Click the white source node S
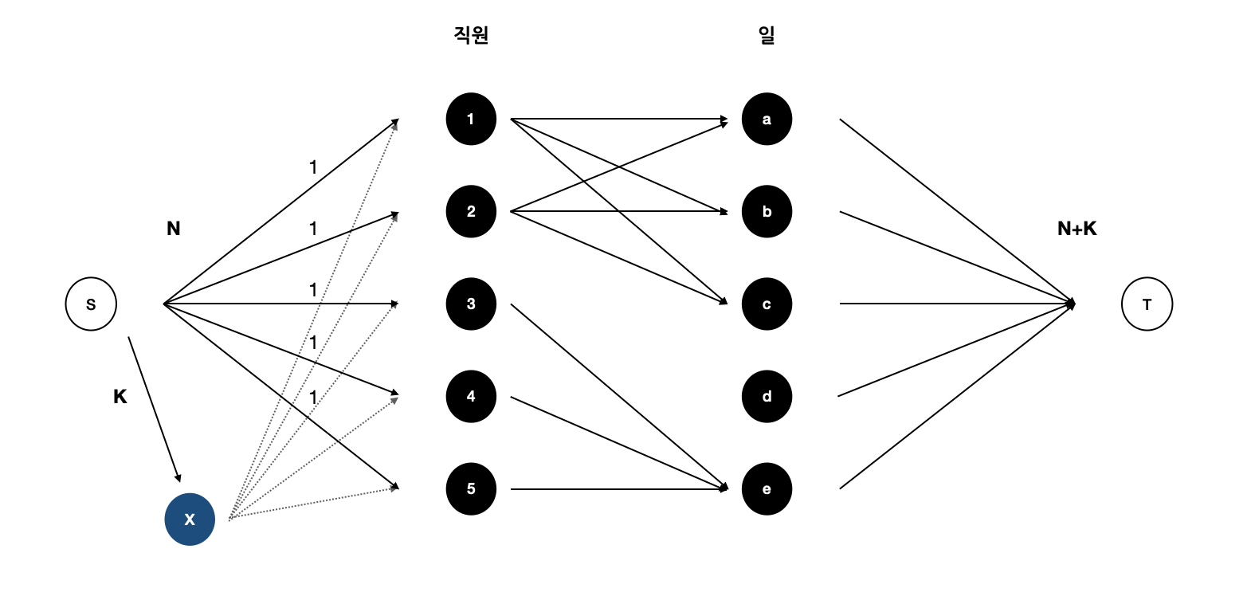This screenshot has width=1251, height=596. pos(91,304)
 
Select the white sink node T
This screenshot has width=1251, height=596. pos(1147,304)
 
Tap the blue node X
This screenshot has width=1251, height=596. pos(190,520)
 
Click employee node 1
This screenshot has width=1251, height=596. pos(471,120)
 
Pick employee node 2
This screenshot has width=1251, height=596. pos(471,212)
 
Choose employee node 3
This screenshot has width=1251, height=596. pos(471,304)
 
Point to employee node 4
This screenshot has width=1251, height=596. pos(471,396)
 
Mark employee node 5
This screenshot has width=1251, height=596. pos(471,488)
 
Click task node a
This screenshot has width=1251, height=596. pos(767,120)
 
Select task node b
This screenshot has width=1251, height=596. pos(767,212)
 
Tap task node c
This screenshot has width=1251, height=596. pos(767,304)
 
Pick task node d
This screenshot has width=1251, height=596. pos(767,396)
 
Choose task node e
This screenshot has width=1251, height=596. pos(767,488)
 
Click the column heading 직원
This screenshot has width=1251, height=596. pos(471,35)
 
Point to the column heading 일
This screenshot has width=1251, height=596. pos(767,35)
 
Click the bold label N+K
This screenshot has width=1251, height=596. pos(1076,229)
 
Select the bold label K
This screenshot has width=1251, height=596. pos(120,397)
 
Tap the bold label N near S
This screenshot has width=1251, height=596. pos(174,229)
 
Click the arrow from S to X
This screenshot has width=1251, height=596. pos(155,409)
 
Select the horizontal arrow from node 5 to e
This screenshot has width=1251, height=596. pos(618,488)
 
